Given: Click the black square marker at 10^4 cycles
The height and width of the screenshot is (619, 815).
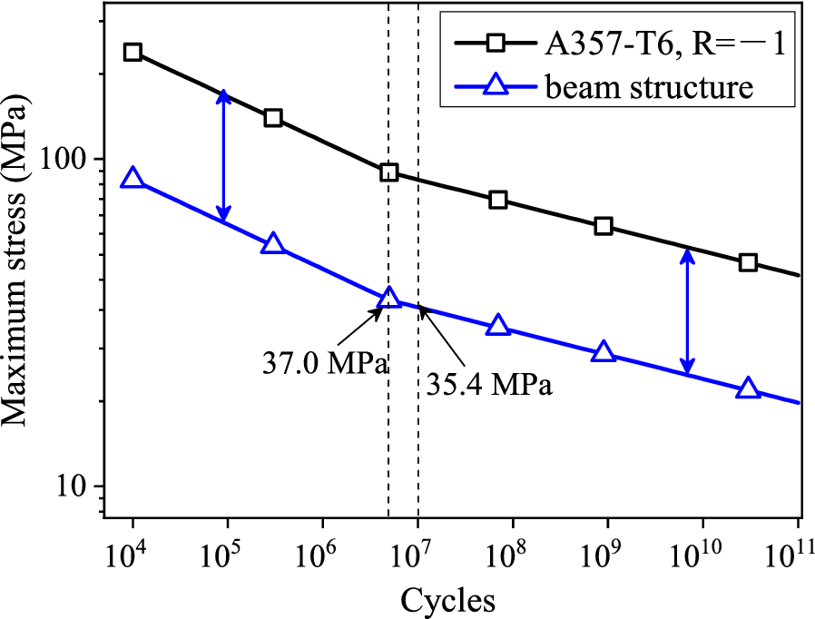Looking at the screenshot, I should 133,52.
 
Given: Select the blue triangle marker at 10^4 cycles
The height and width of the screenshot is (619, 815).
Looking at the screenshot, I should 133,178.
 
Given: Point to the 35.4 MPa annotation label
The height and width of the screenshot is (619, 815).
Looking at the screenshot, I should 489,384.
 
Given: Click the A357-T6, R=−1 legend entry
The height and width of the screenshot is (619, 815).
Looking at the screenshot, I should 617,42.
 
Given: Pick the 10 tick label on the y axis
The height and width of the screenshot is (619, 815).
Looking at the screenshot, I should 81,486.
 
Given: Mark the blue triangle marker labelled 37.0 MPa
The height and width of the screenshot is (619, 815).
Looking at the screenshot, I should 389,299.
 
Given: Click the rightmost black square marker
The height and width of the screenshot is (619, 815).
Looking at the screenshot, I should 748,262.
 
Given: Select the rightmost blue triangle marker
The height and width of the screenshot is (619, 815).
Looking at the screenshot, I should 748,388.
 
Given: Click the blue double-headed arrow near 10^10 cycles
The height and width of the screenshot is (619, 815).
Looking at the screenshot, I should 688,311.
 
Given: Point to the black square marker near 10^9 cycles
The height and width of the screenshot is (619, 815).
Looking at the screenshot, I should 604,226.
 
